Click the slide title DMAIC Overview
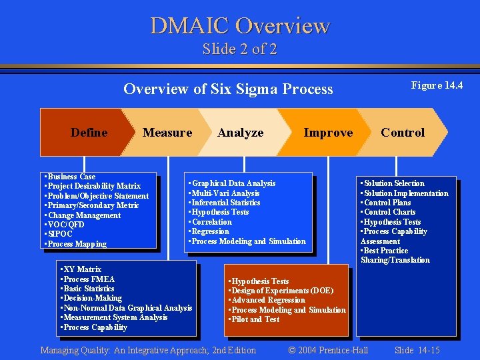tap(240, 25)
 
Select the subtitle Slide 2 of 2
tap(240, 49)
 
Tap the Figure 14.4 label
tap(437, 85)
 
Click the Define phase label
tap(89, 133)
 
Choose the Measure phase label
tap(167, 133)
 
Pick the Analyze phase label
tap(241, 133)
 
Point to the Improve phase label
tap(328, 133)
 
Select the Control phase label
tap(403, 133)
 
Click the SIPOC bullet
tap(59, 235)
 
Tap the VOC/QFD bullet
tap(65, 225)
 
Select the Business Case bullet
tap(70, 177)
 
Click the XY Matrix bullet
tap(81, 269)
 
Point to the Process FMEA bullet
tap(87, 279)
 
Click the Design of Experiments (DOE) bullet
tap(281, 291)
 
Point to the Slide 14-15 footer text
tap(417, 350)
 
